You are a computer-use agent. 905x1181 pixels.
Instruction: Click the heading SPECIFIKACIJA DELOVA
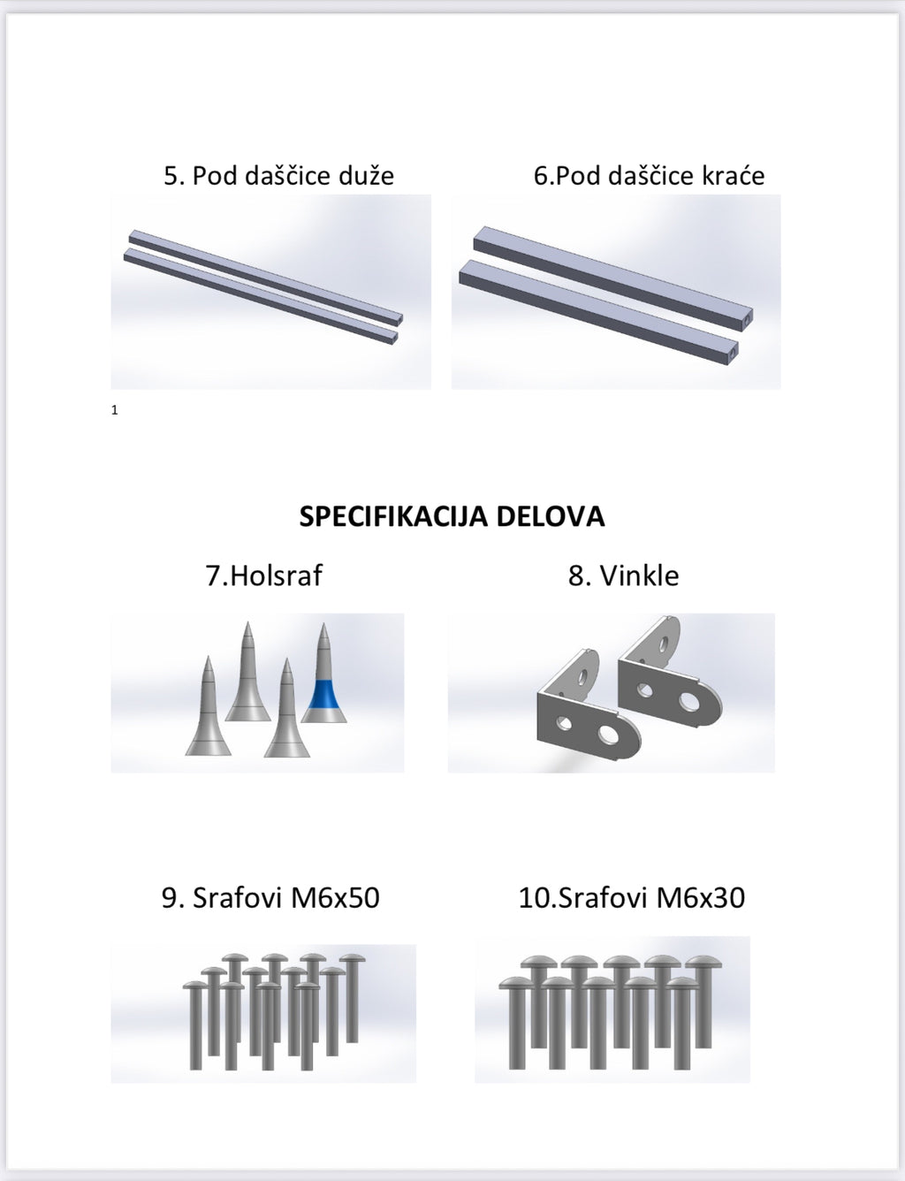coord(452,516)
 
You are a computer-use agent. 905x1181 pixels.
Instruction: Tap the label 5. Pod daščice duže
coord(278,176)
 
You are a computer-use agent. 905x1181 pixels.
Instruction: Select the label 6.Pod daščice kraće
coord(650,176)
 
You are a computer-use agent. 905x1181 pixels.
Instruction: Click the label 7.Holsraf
coord(264,575)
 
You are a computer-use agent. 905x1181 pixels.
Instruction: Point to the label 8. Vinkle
coord(624,575)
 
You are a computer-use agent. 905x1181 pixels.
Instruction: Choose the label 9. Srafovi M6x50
coord(270,897)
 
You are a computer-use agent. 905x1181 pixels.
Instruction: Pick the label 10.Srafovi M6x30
coord(632,897)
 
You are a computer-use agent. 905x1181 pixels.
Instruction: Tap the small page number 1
coord(115,410)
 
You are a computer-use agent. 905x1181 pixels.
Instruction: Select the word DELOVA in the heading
coord(551,516)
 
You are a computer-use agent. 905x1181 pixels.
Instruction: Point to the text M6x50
coord(335,897)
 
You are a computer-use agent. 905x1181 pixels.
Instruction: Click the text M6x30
coord(701,897)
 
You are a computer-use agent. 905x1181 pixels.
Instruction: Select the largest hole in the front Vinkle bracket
coord(607,735)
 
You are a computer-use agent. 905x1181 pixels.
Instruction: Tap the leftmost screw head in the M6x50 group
coord(194,985)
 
